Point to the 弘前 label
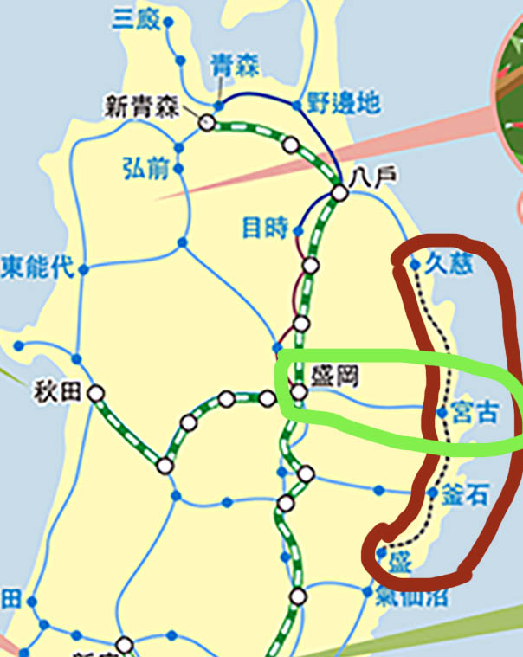145,168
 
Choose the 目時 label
265,229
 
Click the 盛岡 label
333,376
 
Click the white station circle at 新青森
208,122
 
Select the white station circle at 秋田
96,394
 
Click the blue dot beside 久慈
416,264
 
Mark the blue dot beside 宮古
442,413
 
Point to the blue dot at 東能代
84,269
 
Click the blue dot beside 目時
299,231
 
